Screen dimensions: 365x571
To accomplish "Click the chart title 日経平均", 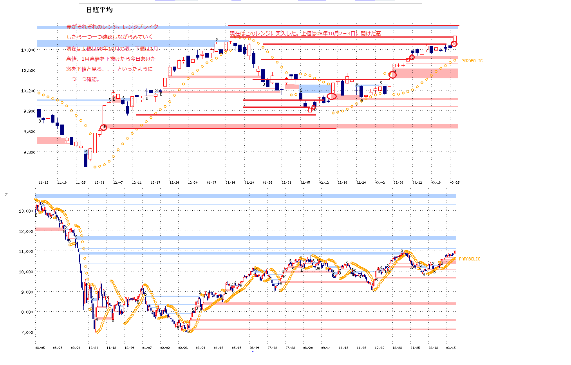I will coord(99,10).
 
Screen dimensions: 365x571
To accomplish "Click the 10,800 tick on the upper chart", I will coord(29,50).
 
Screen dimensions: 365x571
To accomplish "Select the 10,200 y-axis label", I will coord(29,91).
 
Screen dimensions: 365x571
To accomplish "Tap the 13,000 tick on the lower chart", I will coord(26,211).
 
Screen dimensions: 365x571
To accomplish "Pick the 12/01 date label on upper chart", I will coord(99,182).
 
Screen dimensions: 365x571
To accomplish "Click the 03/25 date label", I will coord(454,182).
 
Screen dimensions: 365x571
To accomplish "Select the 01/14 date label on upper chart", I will coord(230,182).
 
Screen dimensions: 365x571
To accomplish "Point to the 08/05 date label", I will coord(40,347).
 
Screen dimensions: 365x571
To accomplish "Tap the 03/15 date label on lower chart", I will coord(451,347).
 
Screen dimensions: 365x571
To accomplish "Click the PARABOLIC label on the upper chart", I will coord(472,61).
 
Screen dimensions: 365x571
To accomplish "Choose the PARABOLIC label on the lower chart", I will coord(469,259).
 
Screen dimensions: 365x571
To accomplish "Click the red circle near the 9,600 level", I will coord(103,127).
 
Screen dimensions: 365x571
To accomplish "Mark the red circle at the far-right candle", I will coord(454,44).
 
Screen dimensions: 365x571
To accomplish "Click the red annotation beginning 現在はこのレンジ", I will coord(305,34).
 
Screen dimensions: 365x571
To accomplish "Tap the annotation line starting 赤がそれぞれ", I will coord(112,27).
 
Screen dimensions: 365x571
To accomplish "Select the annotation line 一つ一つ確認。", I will coord(83,79).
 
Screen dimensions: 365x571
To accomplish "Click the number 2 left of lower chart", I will coord(6,195).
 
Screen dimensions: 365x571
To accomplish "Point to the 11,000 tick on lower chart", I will coord(26,251).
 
